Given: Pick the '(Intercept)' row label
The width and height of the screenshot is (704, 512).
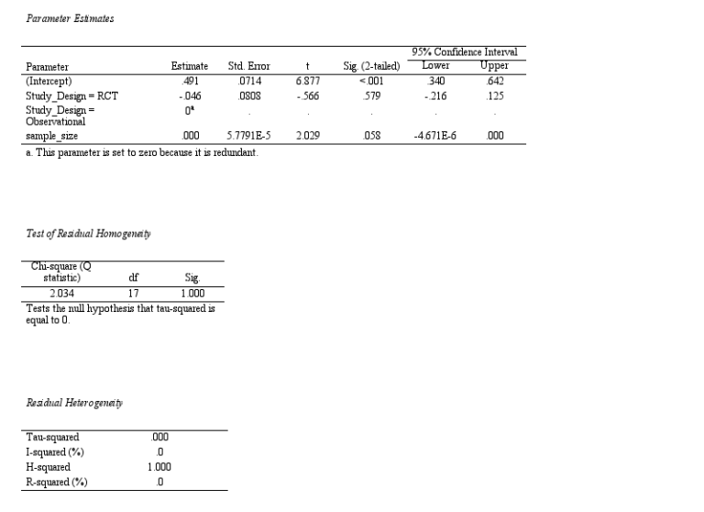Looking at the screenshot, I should pos(49,81).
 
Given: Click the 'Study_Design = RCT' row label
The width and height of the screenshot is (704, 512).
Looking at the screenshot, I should pos(71,95).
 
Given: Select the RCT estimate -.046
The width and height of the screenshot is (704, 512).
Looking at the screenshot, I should pos(190,95).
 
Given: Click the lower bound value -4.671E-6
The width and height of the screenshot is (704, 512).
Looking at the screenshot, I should pos(434,136).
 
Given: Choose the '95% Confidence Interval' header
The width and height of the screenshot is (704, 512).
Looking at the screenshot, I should pos(465,52).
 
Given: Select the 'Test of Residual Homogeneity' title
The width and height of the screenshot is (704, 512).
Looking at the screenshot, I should pos(88,234).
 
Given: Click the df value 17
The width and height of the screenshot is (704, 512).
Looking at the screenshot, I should pos(133,294).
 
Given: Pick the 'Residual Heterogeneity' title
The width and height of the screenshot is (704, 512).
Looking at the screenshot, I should pos(74,403).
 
